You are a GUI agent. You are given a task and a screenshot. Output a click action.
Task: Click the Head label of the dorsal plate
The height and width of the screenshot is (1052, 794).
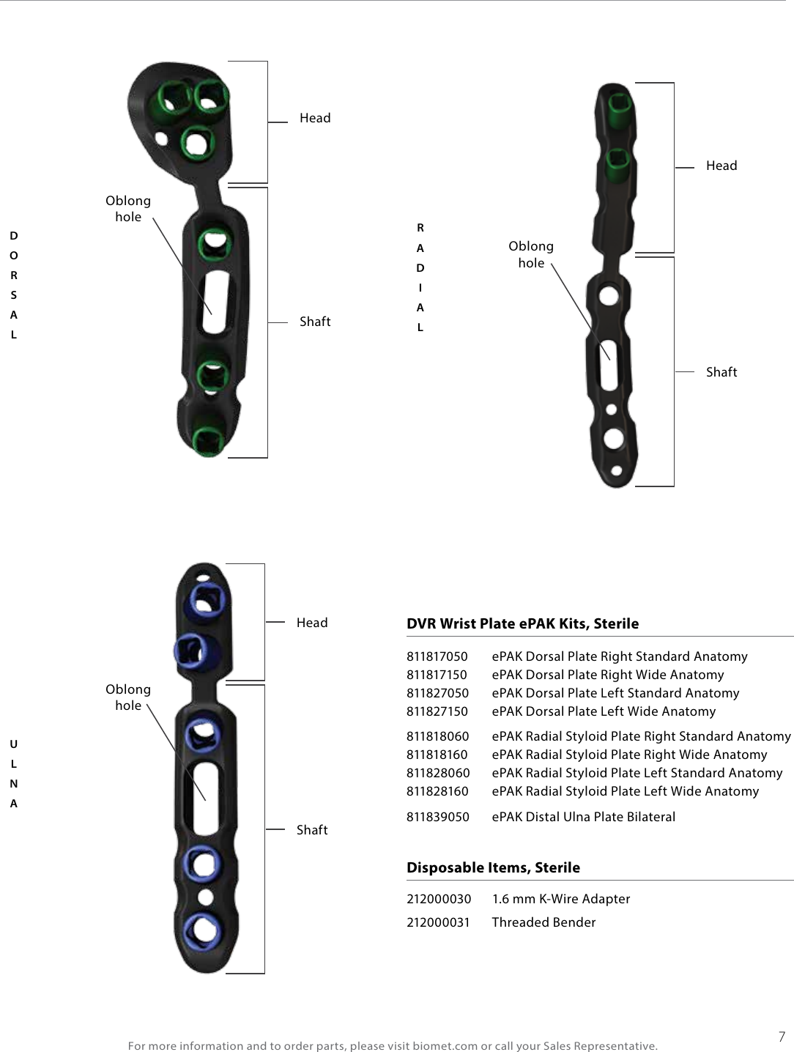[x=315, y=118]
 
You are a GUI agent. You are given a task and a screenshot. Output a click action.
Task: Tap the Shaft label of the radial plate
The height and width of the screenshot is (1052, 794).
[x=721, y=372]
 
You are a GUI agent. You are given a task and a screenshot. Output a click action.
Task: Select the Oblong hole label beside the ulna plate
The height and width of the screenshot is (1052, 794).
[x=128, y=697]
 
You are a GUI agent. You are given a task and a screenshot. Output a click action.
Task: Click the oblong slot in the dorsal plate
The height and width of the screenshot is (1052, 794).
[x=218, y=294]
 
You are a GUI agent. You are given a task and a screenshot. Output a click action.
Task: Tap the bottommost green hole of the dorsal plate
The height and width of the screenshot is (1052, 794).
[x=209, y=440]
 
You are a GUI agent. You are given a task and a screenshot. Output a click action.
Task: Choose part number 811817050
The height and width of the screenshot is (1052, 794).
[x=437, y=656]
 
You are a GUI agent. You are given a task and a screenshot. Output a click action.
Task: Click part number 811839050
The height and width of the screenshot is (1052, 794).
[x=437, y=817]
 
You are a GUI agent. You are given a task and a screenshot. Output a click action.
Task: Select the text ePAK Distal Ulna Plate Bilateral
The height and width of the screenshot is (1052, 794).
[x=583, y=817]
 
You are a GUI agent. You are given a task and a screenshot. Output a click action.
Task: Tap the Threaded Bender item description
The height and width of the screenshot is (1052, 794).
[x=543, y=922]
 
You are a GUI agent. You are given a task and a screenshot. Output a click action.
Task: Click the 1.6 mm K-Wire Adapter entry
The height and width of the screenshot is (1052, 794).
[x=560, y=899]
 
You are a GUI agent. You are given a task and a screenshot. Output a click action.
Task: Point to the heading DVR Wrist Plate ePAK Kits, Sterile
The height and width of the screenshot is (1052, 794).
[x=522, y=623]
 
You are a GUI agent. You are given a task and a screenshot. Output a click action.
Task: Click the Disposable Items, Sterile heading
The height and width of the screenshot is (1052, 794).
[x=493, y=867]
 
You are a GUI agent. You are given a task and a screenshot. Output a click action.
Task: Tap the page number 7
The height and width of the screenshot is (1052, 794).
[x=782, y=1037]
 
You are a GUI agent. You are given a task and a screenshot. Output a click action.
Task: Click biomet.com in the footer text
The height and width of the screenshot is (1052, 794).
[x=445, y=1045]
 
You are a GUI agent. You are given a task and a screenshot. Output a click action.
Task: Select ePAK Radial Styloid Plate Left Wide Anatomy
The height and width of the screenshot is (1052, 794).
[x=625, y=791]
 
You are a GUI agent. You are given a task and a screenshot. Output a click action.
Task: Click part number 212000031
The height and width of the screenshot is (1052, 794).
[x=438, y=922]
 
